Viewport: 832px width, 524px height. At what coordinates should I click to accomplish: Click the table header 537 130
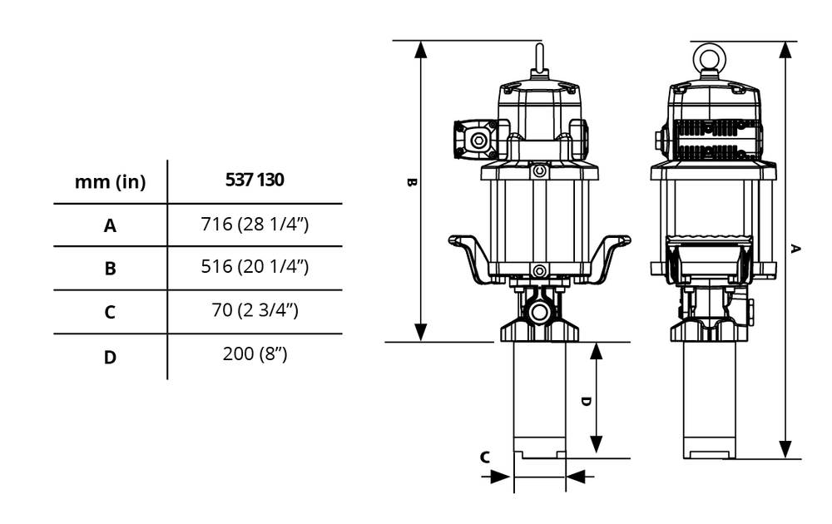255,180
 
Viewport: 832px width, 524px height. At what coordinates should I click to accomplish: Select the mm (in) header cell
110,182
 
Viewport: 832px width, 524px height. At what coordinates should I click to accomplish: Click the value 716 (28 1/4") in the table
255,224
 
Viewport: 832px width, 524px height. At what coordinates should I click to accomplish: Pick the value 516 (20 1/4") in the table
255,267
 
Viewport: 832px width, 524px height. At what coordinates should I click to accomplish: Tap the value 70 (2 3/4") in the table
255,311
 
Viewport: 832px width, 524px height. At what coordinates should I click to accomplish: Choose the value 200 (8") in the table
255,354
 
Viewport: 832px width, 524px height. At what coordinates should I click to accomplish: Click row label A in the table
110,225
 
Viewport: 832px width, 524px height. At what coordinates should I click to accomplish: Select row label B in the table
110,269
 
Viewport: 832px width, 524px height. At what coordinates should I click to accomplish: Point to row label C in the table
110,313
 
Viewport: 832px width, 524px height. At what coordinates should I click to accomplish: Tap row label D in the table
110,358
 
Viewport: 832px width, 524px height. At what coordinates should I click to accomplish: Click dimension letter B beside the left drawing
411,182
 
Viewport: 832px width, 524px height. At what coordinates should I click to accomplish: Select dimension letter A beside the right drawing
796,248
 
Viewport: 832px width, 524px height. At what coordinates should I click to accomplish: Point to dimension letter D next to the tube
585,400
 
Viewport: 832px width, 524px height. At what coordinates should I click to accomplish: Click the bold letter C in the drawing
485,457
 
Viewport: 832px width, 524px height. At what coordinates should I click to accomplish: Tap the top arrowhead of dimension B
421,49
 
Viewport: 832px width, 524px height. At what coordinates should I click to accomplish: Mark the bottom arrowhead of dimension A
785,449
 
